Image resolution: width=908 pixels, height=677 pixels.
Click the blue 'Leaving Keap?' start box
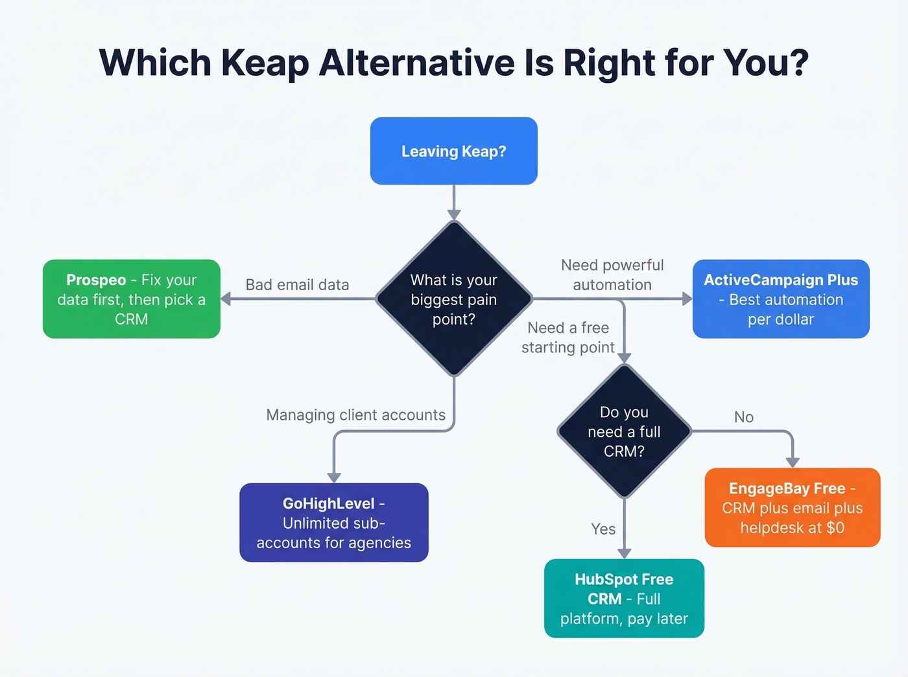453,151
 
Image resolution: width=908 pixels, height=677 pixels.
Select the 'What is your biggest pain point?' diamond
453,299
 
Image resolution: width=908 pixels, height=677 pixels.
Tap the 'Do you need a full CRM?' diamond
624,431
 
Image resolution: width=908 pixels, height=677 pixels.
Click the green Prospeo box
132,299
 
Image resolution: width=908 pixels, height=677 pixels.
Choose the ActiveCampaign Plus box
781,299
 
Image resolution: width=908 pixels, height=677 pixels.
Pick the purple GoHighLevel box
333,522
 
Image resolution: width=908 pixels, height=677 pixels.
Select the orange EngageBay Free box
792,507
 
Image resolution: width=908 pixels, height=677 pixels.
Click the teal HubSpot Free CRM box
624,598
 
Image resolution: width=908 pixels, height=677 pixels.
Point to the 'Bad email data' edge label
297,285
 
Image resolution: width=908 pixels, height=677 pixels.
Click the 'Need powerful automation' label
612,275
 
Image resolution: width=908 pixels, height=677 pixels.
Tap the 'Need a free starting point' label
568,338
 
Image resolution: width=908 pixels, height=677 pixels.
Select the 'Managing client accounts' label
355,415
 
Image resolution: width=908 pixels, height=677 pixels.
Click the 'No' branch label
744,417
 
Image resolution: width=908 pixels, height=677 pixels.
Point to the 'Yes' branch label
603,529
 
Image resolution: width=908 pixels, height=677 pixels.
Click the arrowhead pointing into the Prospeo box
226,299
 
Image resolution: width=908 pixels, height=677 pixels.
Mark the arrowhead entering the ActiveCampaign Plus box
687,299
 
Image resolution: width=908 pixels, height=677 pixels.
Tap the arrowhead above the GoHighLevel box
334,477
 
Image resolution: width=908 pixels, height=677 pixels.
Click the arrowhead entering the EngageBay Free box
793,462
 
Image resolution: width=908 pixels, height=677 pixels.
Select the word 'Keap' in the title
265,63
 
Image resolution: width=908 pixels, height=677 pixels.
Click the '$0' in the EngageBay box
835,528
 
